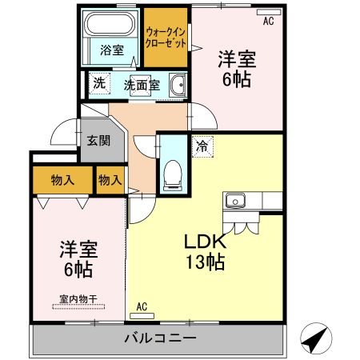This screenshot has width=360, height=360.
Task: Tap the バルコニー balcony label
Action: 160,338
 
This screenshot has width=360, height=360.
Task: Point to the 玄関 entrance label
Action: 98,142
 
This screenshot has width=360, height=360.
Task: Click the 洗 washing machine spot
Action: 98,82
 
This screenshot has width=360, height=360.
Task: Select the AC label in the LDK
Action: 142,306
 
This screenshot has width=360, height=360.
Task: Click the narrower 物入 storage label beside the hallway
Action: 110,180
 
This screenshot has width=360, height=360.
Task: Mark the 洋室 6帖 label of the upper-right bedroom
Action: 238,69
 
